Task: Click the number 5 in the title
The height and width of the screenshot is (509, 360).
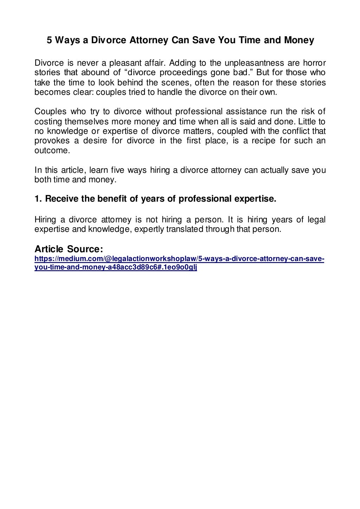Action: [50, 41]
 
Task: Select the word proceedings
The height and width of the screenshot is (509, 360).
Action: [184, 73]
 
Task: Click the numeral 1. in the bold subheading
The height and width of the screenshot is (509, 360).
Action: [38, 199]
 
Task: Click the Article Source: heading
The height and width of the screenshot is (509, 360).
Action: [69, 249]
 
